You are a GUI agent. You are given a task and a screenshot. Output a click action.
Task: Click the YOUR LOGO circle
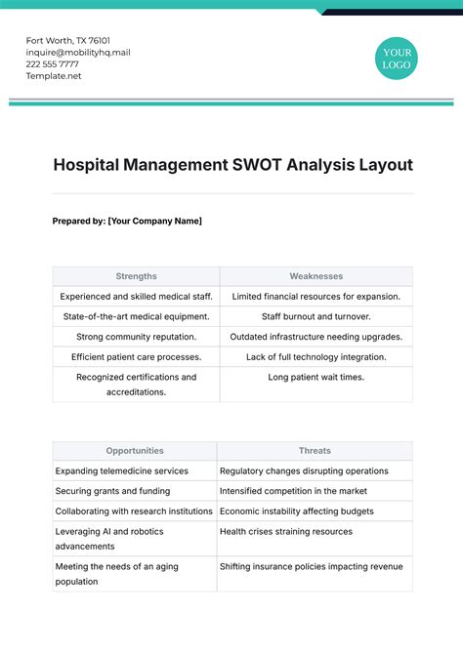[397, 58]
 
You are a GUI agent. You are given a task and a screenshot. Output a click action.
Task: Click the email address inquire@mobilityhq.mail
[78, 53]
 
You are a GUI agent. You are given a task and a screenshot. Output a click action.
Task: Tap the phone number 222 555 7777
[53, 64]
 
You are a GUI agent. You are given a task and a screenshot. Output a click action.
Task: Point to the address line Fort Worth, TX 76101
[68, 40]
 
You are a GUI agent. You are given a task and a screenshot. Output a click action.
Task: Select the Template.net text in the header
[54, 76]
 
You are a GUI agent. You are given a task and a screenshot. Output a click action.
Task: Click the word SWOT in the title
[254, 165]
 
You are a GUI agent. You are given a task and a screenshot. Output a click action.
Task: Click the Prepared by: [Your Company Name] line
[127, 221]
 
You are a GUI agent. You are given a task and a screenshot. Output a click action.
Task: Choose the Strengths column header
[136, 276]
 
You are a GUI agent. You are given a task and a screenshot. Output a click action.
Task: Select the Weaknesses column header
[316, 276]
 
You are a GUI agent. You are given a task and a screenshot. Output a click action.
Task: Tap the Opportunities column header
[135, 451]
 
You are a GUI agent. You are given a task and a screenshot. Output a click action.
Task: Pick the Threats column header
[315, 451]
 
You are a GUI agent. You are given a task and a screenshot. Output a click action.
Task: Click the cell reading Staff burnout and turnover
[316, 316]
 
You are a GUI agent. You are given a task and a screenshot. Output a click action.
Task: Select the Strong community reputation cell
[136, 337]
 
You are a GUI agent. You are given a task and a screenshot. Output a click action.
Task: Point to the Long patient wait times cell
[316, 377]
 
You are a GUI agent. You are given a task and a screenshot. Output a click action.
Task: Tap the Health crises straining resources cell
[286, 532]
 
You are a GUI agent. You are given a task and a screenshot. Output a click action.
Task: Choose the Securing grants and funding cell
[112, 491]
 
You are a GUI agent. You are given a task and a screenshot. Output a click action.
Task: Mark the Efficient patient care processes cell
[136, 357]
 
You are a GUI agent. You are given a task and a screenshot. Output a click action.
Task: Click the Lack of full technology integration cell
[316, 357]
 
